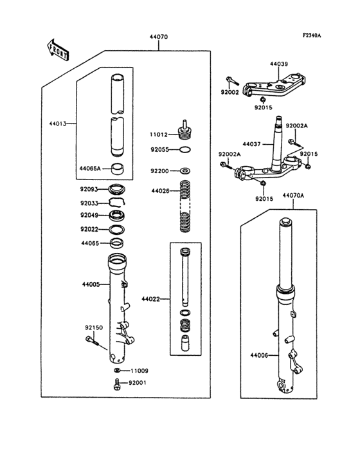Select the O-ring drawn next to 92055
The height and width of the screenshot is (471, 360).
pos(185,150)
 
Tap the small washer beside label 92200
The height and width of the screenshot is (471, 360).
pos(185,171)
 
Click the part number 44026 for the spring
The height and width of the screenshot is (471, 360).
pos(161,191)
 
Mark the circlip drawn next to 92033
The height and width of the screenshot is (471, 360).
pos(117,202)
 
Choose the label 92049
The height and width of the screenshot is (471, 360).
pos(89,215)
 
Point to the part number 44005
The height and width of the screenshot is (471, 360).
pos(91,284)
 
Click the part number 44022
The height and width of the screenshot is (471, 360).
pos(151,299)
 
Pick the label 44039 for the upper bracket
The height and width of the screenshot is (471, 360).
pos(279,64)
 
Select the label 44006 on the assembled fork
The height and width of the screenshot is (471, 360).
pos(260,355)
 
